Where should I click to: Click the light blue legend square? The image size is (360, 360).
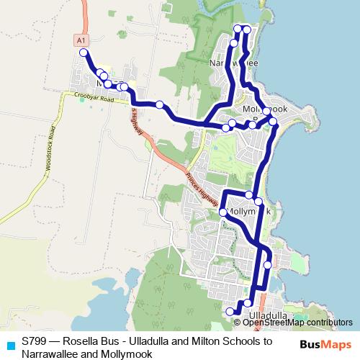click(x=10, y=344)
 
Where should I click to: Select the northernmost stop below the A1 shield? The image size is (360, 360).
click(x=84, y=53)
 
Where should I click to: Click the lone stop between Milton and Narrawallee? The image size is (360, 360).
click(x=160, y=104)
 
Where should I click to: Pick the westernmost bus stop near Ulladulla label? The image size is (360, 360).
click(x=230, y=311)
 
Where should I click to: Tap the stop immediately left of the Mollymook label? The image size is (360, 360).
click(x=223, y=212)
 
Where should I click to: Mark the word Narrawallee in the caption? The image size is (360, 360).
click(x=50, y=354)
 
